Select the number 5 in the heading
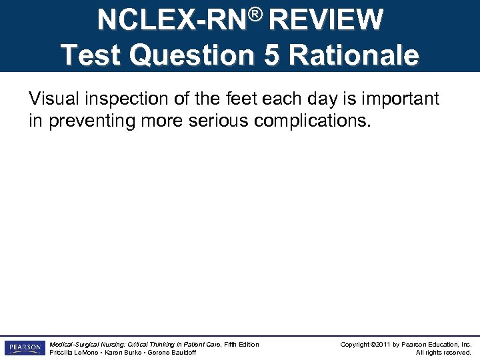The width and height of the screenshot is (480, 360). pos(271,55)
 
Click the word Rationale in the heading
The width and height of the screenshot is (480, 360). pos(353,55)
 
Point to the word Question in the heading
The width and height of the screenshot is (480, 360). pos(194,55)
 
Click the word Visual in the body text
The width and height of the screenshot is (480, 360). pos(51,99)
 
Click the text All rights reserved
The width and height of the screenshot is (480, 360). pos(443,353)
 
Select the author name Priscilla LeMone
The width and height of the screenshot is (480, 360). pos(73,353)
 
